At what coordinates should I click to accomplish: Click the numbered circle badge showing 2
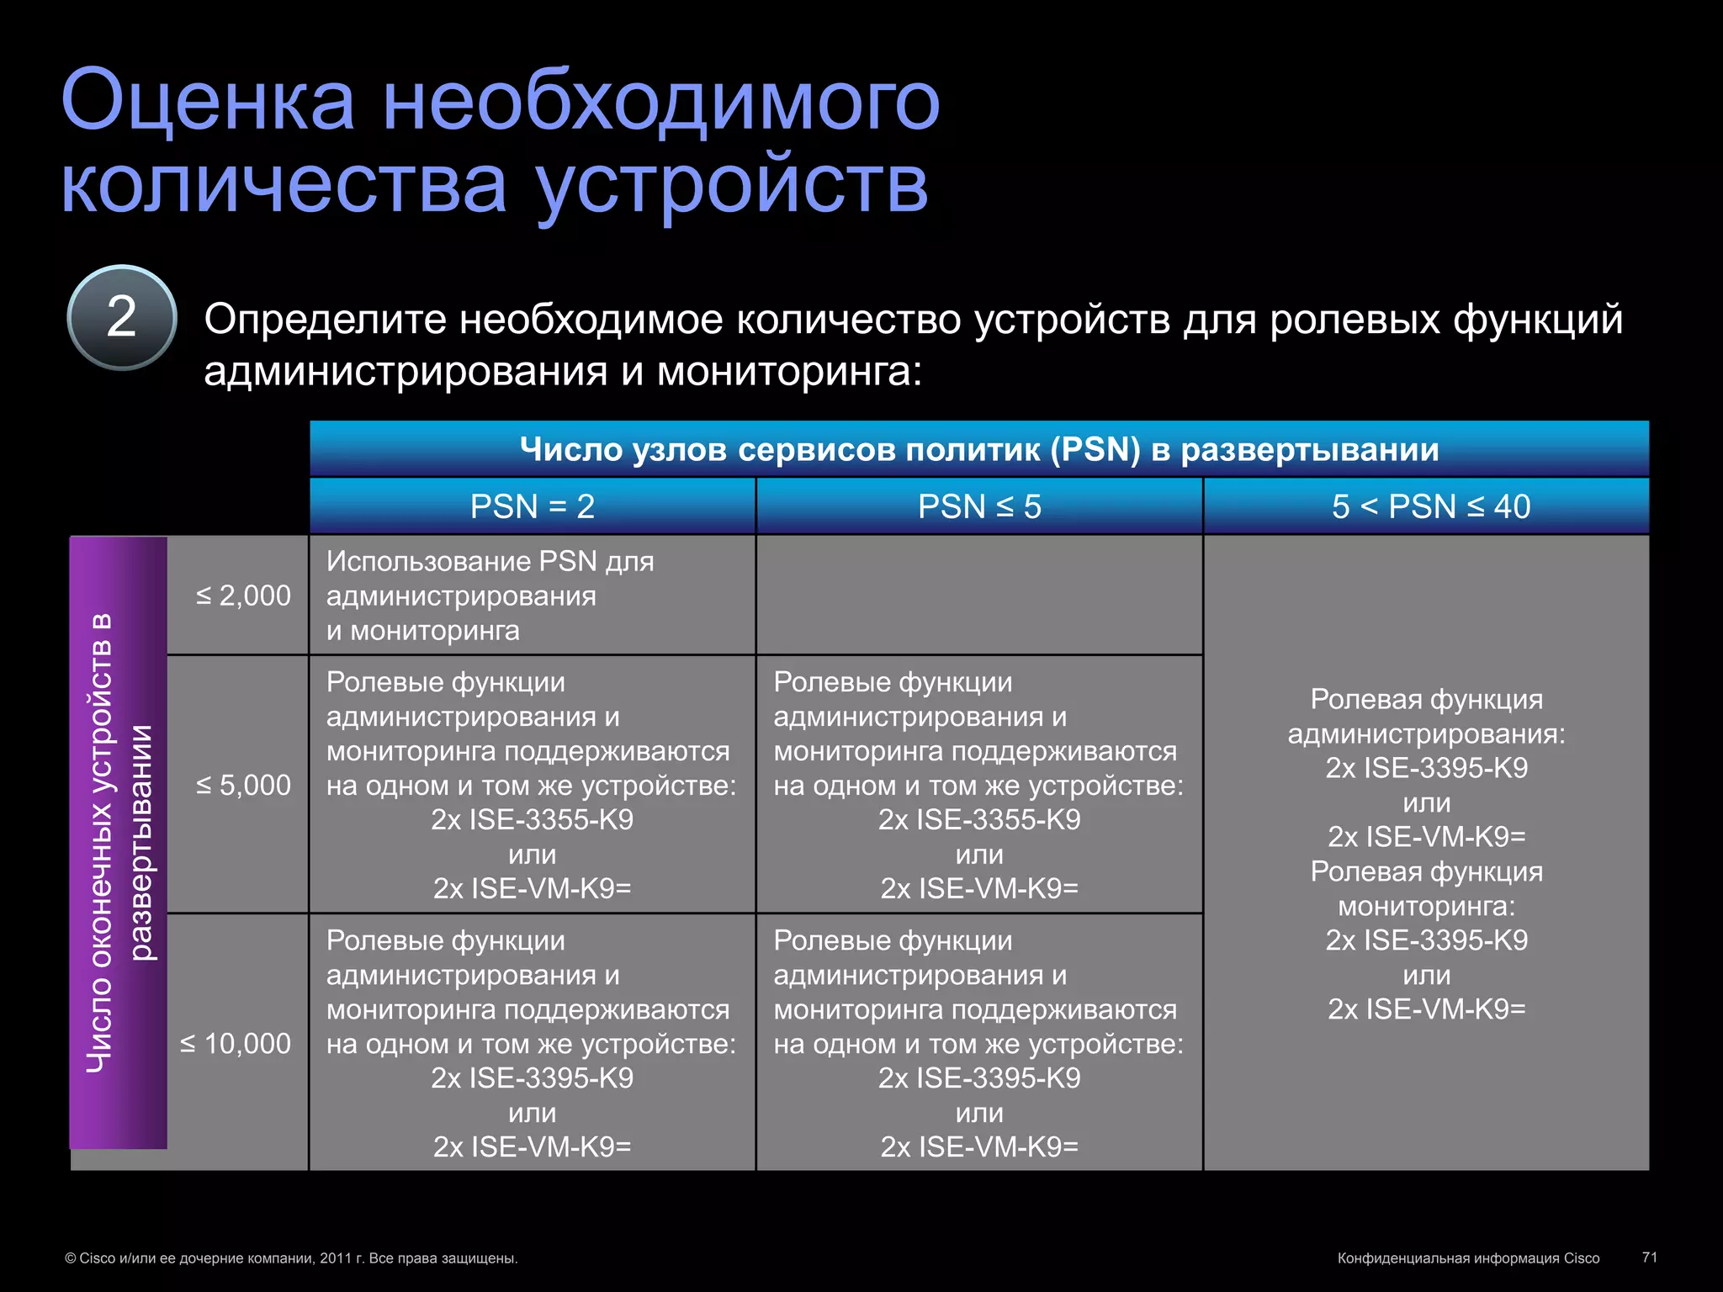click(122, 318)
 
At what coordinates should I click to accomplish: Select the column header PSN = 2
click(532, 506)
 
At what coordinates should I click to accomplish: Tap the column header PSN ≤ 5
click(979, 506)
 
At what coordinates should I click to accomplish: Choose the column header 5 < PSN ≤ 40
click(1430, 506)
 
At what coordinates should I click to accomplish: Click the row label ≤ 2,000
click(243, 596)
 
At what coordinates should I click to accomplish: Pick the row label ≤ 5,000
click(243, 785)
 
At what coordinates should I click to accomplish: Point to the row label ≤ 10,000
click(236, 1043)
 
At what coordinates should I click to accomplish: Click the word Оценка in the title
click(208, 102)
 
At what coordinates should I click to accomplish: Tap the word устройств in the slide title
click(732, 185)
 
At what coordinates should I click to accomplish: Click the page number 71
click(1649, 1257)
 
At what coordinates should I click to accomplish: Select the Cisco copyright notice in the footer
click(291, 1258)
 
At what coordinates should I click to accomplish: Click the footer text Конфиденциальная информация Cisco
click(1468, 1258)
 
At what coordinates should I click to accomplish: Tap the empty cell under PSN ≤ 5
click(979, 596)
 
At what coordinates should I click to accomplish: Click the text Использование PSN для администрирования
click(490, 579)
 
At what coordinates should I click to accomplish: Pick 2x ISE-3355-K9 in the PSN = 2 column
click(532, 819)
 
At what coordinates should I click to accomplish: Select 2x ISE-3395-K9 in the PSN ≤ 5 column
click(979, 1078)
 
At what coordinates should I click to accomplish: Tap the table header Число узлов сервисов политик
click(979, 449)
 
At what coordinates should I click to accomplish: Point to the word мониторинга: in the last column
click(1427, 906)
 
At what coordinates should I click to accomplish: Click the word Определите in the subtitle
click(325, 320)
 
